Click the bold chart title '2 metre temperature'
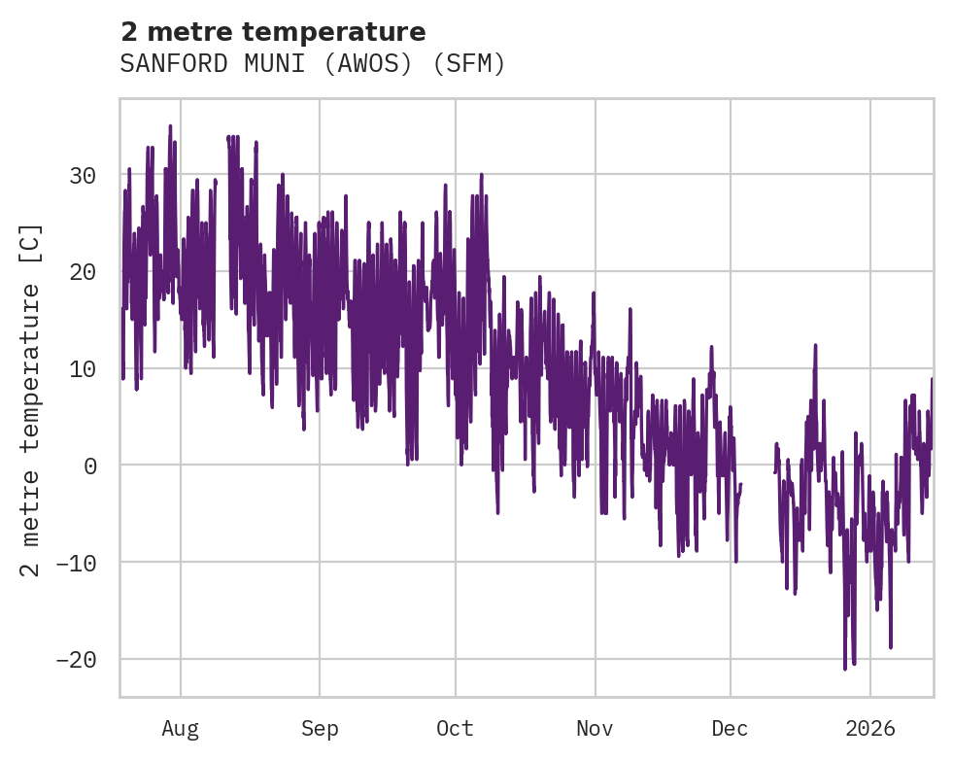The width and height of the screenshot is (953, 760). coord(273,32)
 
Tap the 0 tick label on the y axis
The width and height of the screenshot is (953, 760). coord(90,466)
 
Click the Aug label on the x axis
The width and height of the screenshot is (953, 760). coord(181,729)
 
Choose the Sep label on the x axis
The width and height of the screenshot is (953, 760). coord(319,729)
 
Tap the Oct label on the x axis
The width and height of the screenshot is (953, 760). coord(455,729)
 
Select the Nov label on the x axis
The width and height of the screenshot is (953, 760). coord(595,729)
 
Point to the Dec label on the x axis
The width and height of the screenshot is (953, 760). coord(730,729)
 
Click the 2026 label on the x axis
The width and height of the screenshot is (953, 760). coord(870,729)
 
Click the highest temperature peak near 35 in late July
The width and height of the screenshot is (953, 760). coord(170,125)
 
